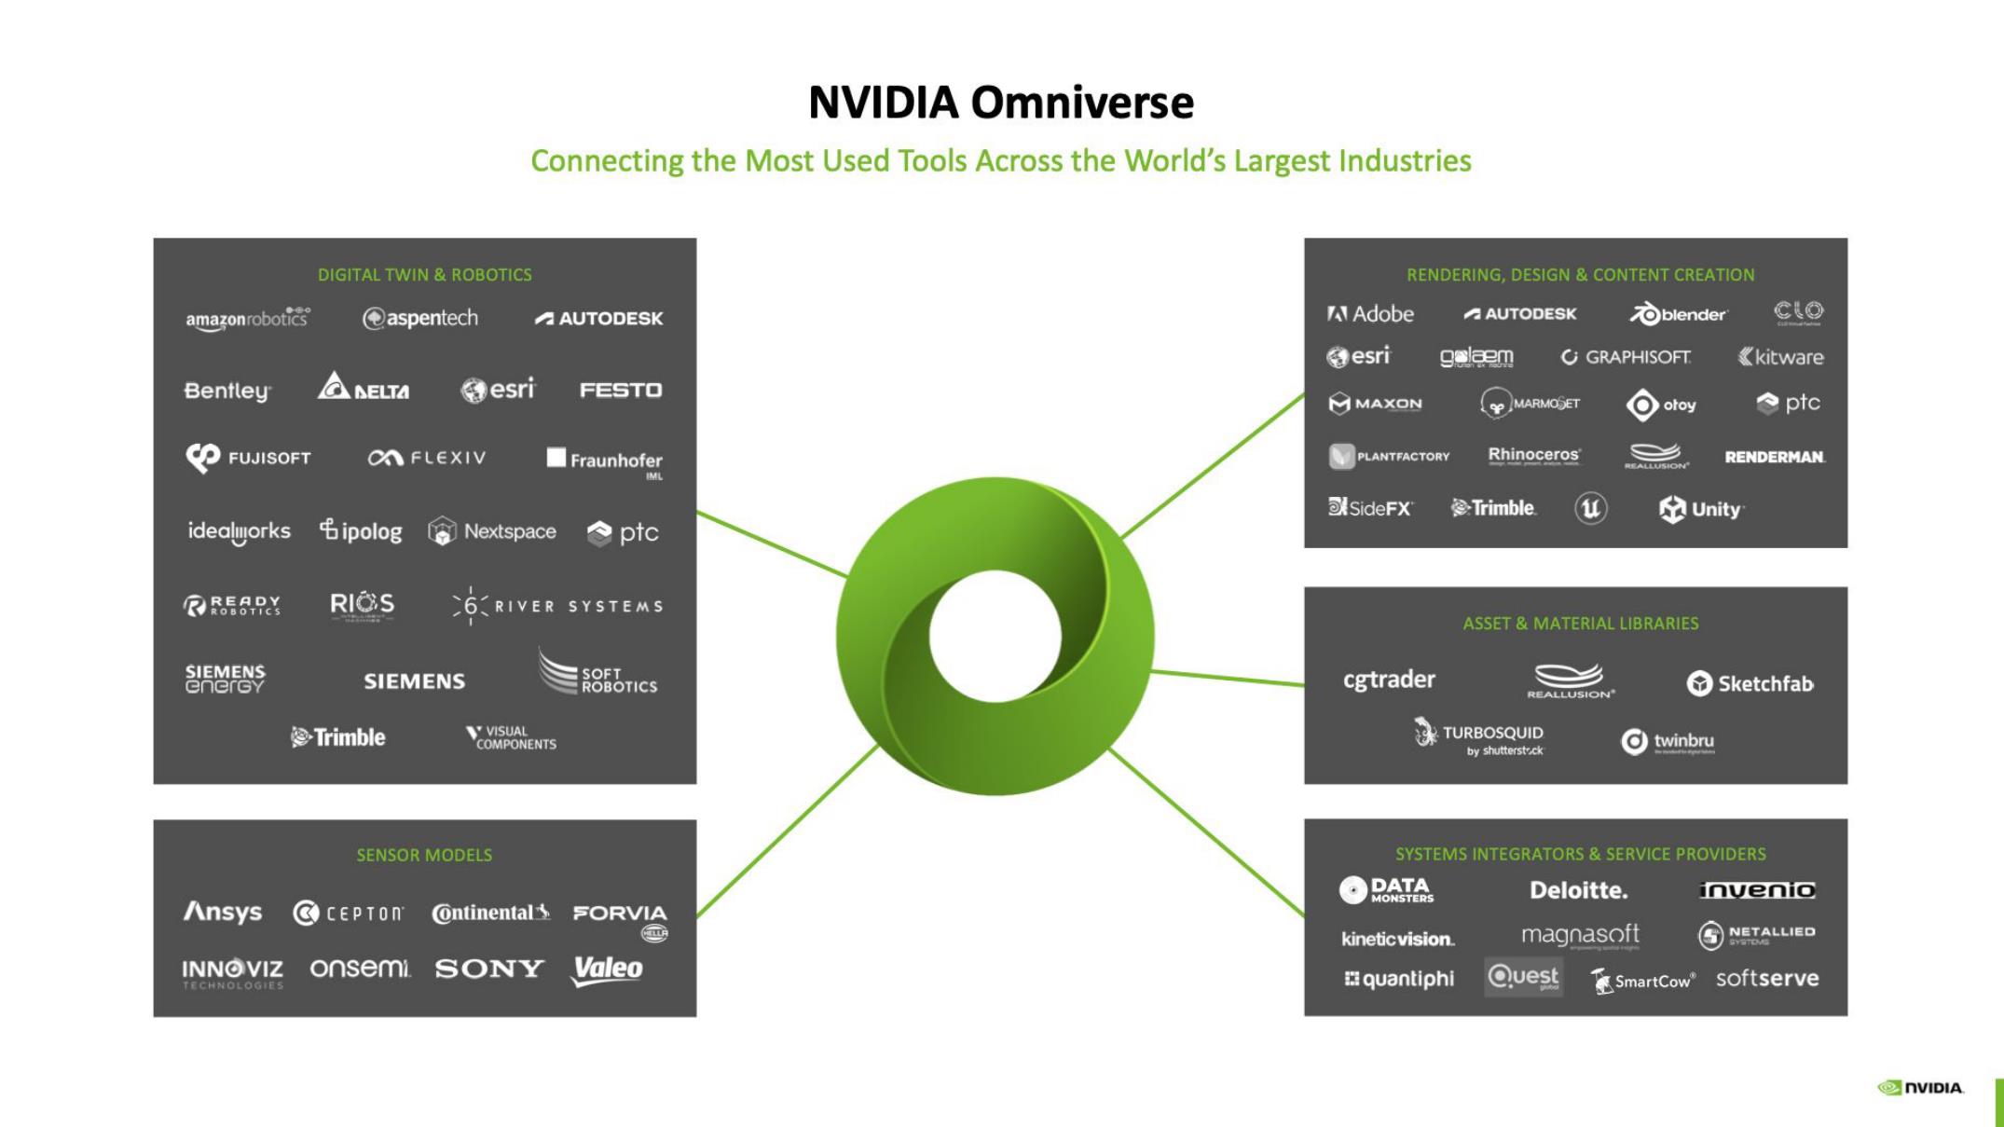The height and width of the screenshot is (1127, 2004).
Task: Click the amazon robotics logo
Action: [x=247, y=319]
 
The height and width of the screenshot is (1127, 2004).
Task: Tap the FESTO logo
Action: [x=621, y=390]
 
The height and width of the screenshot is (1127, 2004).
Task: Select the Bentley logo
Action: [x=227, y=391]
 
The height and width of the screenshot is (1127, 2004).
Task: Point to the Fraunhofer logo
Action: [x=605, y=460]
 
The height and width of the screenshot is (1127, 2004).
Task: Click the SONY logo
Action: [x=489, y=969]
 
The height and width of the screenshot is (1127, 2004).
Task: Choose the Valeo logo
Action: [x=608, y=969]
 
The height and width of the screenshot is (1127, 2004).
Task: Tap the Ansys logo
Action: [x=223, y=912]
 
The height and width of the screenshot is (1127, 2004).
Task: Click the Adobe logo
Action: [x=1370, y=314]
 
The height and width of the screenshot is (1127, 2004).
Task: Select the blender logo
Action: [x=1678, y=314]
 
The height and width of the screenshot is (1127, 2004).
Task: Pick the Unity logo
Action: [x=1701, y=509]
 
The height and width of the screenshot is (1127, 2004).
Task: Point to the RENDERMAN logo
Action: [x=1775, y=457]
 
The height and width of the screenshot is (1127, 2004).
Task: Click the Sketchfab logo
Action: [x=1750, y=683]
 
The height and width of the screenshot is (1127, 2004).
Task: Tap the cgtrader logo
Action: [x=1389, y=680]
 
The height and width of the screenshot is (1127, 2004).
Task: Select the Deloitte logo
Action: [x=1579, y=890]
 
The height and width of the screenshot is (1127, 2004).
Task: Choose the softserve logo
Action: [x=1767, y=979]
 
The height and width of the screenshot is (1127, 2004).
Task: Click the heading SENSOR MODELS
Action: [x=424, y=855]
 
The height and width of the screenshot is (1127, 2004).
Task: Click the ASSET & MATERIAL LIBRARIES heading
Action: [x=1581, y=624]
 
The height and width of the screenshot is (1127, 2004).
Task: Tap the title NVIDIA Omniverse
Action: [x=1001, y=103]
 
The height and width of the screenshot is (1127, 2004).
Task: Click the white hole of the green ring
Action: [x=995, y=636]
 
